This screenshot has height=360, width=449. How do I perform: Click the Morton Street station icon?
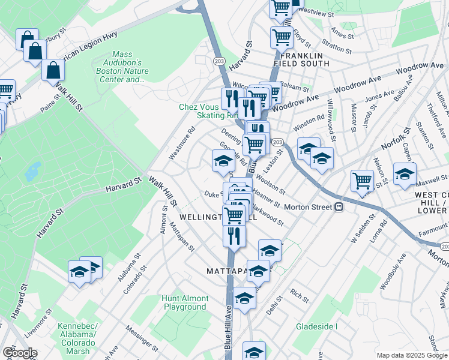coord(339,207)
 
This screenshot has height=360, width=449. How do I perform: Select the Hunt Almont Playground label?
coord(185,302)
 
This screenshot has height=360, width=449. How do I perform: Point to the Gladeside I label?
coord(316,326)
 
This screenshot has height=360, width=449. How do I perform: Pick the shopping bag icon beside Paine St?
coord(53,70)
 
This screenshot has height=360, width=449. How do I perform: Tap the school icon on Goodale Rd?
coord(223,160)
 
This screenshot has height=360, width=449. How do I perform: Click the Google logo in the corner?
coord(20,353)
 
